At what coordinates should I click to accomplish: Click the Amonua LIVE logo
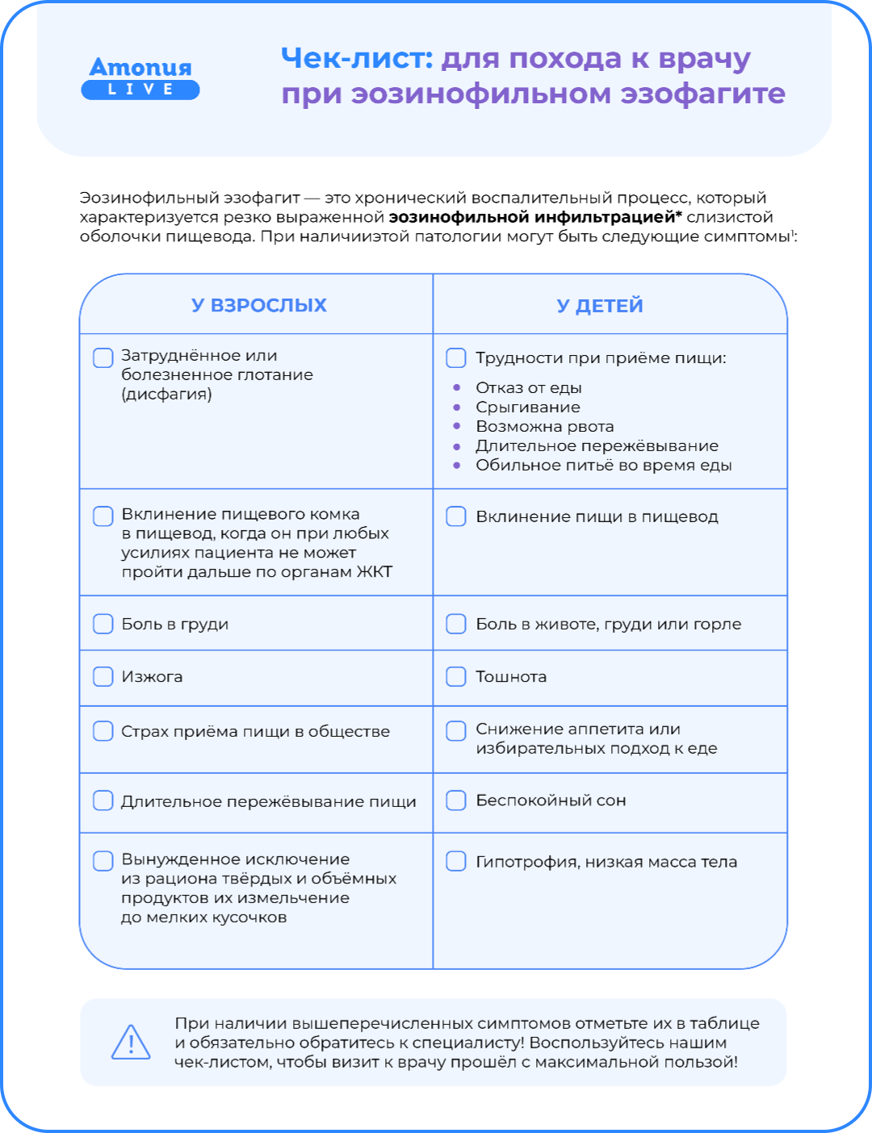[x=140, y=77]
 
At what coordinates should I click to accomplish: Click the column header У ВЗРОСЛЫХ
[x=258, y=305]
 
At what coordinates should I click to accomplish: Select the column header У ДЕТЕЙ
[x=600, y=306]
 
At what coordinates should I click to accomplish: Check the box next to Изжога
[x=103, y=676]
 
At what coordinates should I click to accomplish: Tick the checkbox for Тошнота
[x=456, y=676]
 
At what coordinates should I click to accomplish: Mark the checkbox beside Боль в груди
[x=103, y=624]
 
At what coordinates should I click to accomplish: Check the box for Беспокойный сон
[x=456, y=801]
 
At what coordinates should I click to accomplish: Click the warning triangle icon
[x=131, y=1042]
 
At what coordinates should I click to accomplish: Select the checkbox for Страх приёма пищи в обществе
[x=103, y=731]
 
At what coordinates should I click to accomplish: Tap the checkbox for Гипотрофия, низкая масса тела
[x=456, y=861]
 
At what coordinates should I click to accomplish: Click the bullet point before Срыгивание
[x=457, y=408]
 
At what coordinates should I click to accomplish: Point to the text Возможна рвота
[x=544, y=426]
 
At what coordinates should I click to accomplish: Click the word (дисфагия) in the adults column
[x=166, y=395]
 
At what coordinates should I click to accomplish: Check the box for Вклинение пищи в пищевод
[x=456, y=516]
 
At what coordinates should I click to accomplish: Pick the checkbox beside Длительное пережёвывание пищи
[x=103, y=801]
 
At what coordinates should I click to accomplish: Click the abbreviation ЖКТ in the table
[x=374, y=572]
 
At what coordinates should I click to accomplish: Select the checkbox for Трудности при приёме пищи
[x=456, y=357]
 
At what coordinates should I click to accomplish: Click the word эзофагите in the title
[x=702, y=94]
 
